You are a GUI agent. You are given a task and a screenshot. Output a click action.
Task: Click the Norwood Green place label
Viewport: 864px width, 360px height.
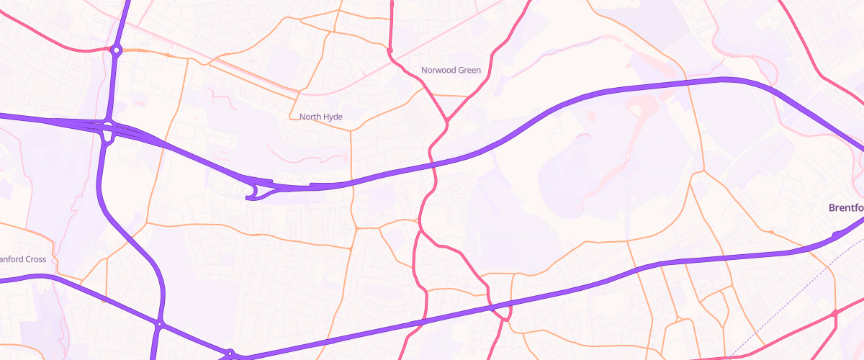click(x=451, y=71)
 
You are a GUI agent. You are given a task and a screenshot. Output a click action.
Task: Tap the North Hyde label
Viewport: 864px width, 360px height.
click(x=320, y=117)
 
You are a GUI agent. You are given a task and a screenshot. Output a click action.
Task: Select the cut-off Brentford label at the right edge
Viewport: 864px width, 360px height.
click(x=846, y=207)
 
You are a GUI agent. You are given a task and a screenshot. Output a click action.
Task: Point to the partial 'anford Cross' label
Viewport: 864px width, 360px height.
click(x=23, y=259)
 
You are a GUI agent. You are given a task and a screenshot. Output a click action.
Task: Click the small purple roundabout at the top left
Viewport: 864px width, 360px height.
click(x=116, y=50)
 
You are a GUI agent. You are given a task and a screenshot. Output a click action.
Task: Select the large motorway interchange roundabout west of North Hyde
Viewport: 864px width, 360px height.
click(x=108, y=131)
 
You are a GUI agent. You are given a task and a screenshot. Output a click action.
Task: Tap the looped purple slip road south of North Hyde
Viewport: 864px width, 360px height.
click(x=253, y=192)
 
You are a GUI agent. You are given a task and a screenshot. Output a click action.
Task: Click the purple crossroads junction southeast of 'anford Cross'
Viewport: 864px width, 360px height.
click(x=159, y=324)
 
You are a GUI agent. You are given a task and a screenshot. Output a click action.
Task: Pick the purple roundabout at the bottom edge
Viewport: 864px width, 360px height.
click(x=230, y=354)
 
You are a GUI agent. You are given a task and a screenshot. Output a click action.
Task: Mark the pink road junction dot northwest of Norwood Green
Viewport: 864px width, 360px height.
click(x=390, y=51)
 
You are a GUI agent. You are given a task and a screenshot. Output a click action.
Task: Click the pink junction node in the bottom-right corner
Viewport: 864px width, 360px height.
click(x=834, y=313)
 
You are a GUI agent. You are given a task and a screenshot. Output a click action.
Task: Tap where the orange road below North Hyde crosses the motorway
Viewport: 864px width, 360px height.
click(x=351, y=182)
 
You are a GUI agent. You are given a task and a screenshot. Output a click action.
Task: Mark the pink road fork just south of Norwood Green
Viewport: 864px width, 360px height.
click(x=446, y=120)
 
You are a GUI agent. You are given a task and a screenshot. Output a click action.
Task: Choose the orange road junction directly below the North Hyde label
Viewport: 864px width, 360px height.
click(x=351, y=130)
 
